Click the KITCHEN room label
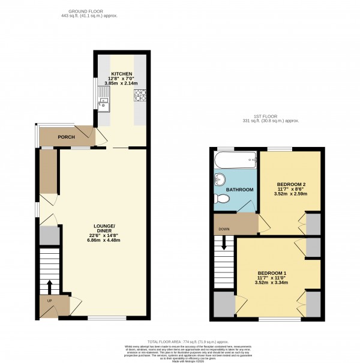point(121,73)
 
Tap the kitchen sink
point(104,99)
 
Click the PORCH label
point(66,137)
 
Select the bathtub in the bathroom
point(235,161)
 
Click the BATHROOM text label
point(240,190)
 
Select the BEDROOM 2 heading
point(291,184)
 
